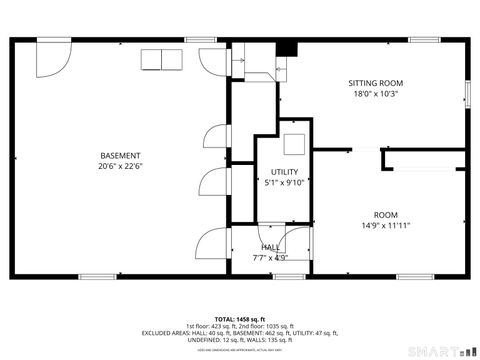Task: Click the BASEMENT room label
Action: (120, 155)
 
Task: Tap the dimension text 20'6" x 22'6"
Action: (120, 167)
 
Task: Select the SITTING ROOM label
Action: (375, 82)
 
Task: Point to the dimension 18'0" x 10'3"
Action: (375, 94)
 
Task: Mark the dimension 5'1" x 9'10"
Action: (283, 183)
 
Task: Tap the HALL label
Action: (271, 247)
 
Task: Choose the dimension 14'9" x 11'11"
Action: (385, 226)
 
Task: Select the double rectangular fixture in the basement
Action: (158, 59)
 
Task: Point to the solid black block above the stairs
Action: (287, 48)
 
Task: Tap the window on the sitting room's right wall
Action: (467, 92)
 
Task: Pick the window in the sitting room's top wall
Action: (424, 40)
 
